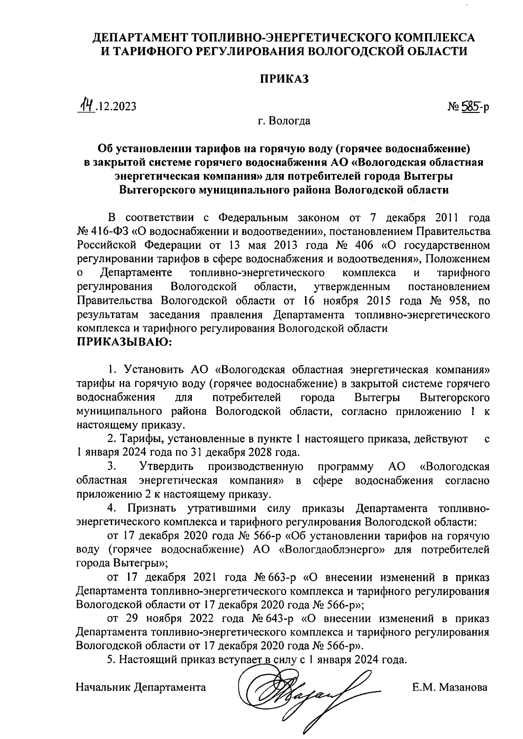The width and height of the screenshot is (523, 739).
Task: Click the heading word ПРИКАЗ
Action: coord(284,79)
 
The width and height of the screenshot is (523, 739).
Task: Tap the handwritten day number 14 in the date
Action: coord(86,106)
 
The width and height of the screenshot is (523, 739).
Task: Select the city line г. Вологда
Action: coord(284,121)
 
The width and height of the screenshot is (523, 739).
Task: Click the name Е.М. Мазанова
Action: coord(450,688)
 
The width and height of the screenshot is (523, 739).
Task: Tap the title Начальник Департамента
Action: coord(141,688)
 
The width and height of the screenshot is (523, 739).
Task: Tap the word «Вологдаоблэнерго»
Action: coord(332,549)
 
